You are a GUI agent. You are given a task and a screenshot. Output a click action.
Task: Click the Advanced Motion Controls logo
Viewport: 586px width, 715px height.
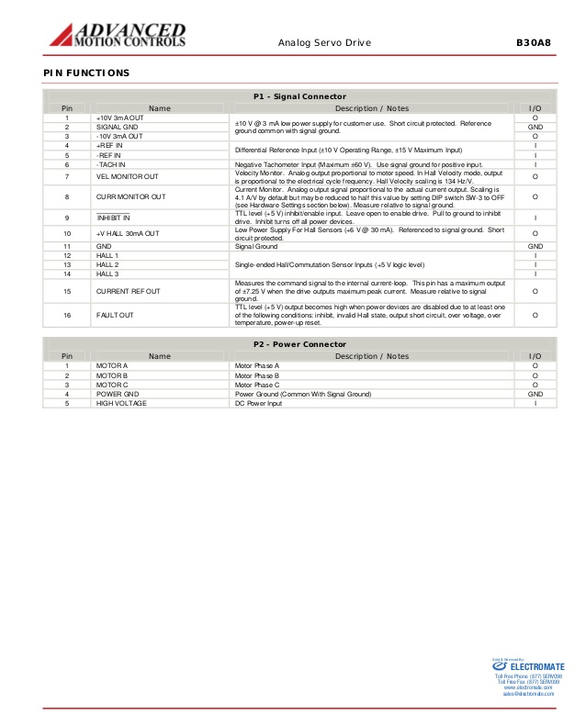(x=117, y=34)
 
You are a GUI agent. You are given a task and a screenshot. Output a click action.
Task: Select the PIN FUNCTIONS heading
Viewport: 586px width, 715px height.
(x=86, y=73)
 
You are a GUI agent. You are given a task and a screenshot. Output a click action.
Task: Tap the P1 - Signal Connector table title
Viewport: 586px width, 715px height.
(x=299, y=96)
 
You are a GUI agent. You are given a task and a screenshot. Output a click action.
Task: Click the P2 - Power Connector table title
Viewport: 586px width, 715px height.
(x=299, y=343)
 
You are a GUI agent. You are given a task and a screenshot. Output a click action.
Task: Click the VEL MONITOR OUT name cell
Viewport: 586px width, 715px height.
(x=127, y=176)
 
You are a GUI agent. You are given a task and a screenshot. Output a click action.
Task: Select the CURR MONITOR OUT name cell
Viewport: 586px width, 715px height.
(x=130, y=196)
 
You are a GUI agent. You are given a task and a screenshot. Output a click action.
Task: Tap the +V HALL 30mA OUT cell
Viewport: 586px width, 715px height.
(x=128, y=234)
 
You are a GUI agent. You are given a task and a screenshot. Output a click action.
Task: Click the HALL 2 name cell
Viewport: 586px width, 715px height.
(x=107, y=264)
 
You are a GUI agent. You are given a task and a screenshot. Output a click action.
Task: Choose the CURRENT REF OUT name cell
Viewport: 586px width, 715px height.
(x=128, y=291)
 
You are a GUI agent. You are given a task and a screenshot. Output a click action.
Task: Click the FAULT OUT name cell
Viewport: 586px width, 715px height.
(x=115, y=315)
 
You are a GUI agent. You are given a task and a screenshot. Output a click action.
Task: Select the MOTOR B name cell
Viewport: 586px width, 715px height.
(x=111, y=375)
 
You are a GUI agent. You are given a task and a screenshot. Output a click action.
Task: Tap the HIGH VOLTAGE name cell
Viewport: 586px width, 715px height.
(x=120, y=403)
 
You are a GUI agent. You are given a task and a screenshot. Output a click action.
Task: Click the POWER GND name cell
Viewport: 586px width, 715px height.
(x=117, y=394)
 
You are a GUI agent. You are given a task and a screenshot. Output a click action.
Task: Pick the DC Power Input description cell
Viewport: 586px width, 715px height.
(x=260, y=403)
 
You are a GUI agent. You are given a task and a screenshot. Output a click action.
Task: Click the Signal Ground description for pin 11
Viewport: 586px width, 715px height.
(x=256, y=246)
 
